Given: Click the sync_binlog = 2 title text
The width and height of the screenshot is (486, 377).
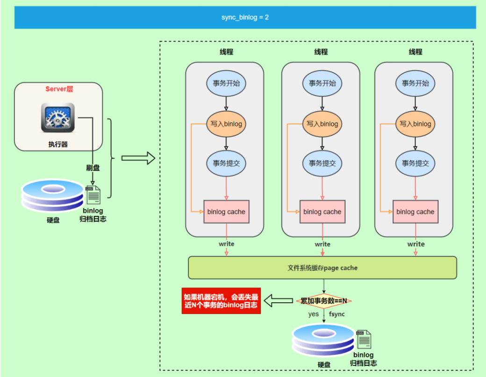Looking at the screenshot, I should [245, 17].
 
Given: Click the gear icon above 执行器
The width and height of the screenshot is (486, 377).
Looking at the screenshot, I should [58, 117].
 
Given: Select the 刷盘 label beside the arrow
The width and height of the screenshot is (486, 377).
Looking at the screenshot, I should [93, 167].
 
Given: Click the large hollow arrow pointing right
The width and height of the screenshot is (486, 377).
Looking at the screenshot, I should [138, 158].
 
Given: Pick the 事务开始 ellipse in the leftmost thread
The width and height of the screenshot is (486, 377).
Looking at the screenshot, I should [226, 84].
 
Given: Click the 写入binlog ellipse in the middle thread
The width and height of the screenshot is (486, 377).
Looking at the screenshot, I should [322, 124].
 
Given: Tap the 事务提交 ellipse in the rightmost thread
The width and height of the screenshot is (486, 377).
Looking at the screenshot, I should [415, 163].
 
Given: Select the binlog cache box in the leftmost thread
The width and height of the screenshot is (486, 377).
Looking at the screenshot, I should [226, 212].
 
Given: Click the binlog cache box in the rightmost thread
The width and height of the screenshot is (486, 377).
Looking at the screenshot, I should [415, 212].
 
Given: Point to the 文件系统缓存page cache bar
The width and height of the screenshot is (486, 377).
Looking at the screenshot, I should [322, 268].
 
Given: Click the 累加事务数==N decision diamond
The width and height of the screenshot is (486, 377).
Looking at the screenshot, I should [324, 301].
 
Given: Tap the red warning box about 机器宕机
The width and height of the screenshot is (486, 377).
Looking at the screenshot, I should [221, 301].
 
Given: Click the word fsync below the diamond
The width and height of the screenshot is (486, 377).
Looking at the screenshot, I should [337, 314].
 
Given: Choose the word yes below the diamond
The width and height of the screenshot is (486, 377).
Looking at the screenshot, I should [314, 314].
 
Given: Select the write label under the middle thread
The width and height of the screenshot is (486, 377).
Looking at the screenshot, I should [322, 244].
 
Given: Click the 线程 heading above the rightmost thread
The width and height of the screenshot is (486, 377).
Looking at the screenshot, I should [415, 52].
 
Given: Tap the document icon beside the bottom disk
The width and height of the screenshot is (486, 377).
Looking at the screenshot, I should [364, 339].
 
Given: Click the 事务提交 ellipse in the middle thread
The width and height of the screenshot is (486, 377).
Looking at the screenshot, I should [322, 163].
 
